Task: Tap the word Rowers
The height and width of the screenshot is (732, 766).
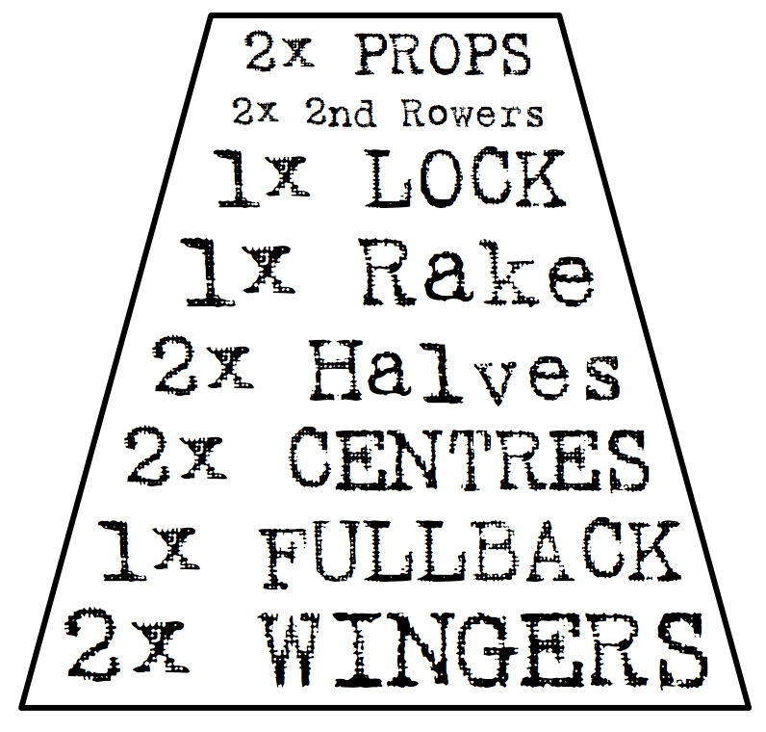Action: click(x=472, y=114)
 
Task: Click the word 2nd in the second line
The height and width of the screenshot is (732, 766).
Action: click(x=343, y=114)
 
